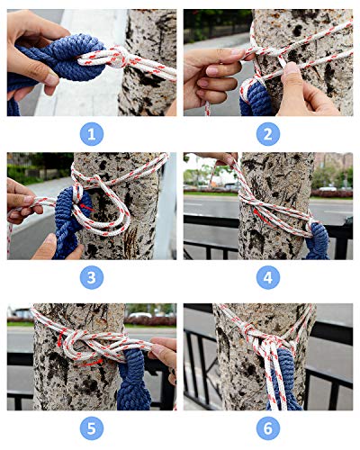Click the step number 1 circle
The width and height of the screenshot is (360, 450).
click(92, 134)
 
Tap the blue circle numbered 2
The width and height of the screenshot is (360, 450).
click(268, 134)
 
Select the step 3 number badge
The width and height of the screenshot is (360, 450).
click(92, 277)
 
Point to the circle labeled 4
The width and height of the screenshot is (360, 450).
click(268, 277)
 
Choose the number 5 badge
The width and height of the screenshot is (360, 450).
click(92, 428)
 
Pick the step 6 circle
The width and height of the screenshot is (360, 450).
click(268, 428)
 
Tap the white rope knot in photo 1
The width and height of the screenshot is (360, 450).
click(121, 57)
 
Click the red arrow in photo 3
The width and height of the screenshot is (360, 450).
click(87, 207)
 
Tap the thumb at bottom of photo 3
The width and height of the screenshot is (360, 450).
click(51, 247)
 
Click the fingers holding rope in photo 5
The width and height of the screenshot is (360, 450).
click(164, 353)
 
